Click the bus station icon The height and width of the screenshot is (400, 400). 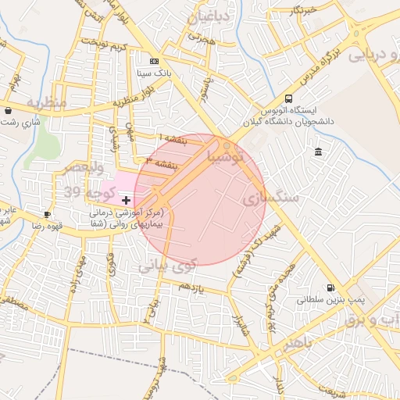(289, 98)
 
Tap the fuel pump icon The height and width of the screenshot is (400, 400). (331, 287)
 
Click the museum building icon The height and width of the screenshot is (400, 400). (317, 152)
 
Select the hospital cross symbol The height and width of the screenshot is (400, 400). (127, 201)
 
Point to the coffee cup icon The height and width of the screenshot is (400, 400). (48, 214)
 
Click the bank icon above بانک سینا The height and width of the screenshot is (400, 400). (153, 61)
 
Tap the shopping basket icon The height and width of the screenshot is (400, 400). (8, 110)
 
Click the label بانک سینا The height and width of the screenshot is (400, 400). (153, 73)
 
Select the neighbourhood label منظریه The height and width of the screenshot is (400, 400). (44, 103)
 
